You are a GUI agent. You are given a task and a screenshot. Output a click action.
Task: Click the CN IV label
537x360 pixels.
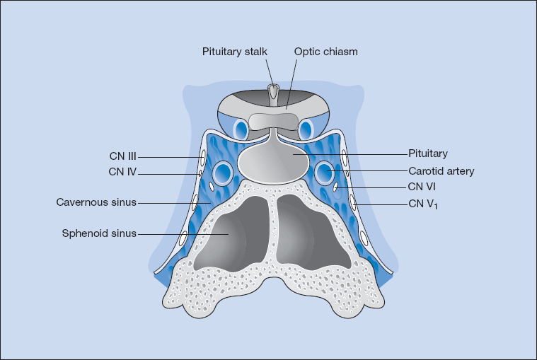(124, 171)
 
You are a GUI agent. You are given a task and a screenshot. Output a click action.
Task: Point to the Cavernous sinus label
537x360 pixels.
(96, 203)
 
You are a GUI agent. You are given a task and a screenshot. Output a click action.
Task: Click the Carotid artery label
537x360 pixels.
(441, 170)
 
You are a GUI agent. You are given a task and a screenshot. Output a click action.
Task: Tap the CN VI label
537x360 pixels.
(425, 187)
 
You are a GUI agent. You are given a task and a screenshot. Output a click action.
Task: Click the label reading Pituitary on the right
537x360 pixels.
(428, 153)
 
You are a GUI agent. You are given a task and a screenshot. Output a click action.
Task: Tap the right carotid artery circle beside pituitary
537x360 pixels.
(325, 171)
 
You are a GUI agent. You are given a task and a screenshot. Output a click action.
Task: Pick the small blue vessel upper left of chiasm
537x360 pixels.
(241, 129)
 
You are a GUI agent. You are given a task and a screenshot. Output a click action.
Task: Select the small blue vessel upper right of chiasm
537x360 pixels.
(306, 129)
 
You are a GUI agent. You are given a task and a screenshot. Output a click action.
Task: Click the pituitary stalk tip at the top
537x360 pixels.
(273, 91)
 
